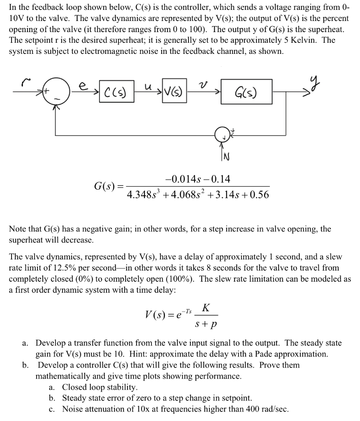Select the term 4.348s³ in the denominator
(x=144, y=194)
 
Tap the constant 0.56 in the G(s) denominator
(x=258, y=194)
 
